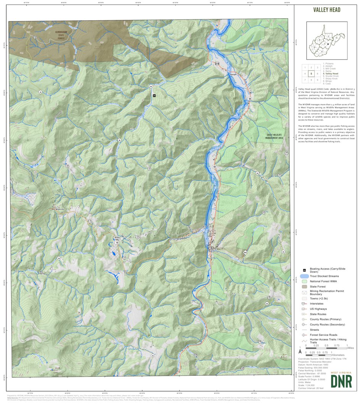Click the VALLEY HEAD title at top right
tap(326, 10)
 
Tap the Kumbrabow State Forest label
tap(61, 34)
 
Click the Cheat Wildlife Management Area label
tap(275, 137)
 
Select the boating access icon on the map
tap(154, 95)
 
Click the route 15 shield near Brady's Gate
tap(117, 242)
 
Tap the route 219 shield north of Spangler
tap(217, 63)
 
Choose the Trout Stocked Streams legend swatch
tap(304, 276)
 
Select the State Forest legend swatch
tap(304, 286)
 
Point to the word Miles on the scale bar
tap(350, 348)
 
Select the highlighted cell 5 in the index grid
tap(312, 74)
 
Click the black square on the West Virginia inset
tap(327, 44)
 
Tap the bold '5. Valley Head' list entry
tap(331, 74)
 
